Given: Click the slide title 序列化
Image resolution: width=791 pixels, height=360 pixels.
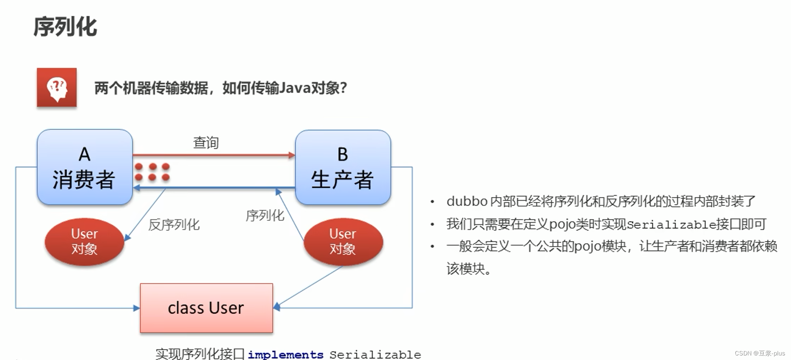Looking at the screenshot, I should pos(65,27).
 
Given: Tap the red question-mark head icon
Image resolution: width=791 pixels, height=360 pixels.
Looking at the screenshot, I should pos(57,88).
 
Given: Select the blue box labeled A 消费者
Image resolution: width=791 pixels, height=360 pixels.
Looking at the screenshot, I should pos(85,167).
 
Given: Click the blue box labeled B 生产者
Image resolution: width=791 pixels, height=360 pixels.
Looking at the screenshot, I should pos(343,167).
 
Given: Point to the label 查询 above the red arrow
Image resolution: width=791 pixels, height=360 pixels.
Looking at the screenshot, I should pos(206,143).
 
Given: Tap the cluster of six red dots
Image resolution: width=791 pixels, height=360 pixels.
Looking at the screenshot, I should pos(152,172).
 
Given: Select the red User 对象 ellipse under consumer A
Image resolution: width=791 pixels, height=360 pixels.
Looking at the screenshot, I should pos(85,242).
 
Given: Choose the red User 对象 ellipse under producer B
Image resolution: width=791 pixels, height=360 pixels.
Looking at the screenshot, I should pos(343,242).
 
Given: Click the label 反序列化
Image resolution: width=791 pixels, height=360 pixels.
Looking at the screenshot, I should pos(174,225).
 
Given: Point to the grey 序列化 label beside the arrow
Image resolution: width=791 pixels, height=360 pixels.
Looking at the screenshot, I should pos(265,216).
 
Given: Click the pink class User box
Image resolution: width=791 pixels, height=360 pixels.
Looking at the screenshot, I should pos(206,308).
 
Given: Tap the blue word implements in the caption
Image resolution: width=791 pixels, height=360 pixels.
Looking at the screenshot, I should pos(285,354).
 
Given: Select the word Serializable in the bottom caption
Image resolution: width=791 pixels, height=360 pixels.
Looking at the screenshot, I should pos(375,355).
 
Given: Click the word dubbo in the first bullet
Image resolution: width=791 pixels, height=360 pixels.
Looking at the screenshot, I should pos(467,201).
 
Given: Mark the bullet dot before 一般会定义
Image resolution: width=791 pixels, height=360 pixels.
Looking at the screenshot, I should pos(432,247).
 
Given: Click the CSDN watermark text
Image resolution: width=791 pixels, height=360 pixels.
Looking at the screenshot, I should pos(760,353).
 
